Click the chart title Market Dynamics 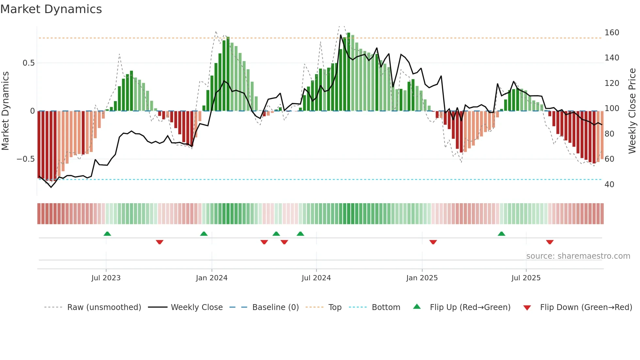click(51, 9)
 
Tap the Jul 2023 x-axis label click(106, 278)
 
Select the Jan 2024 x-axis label click(212, 278)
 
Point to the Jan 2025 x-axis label click(422, 278)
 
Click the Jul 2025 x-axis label click(526, 278)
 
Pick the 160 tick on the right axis click(612, 33)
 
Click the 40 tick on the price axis click(609, 185)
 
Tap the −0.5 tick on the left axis click(25, 159)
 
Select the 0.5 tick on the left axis click(28, 63)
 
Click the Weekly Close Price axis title click(632, 111)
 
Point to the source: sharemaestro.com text click(578, 256)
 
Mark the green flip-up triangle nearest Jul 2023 click(107, 234)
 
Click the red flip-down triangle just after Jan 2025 click(433, 242)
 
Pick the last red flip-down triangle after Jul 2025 click(550, 242)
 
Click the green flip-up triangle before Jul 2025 click(501, 234)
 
